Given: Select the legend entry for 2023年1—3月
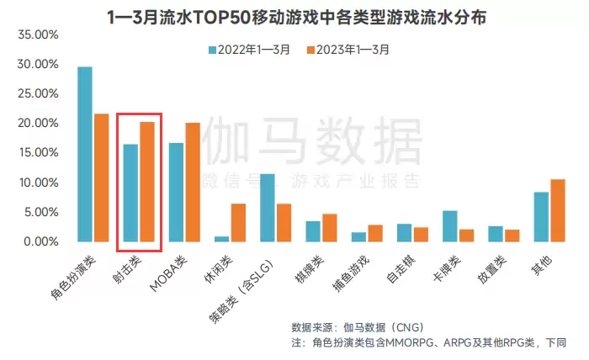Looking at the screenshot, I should pyautogui.click(x=348, y=50).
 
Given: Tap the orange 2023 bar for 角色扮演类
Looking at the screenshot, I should pyautogui.click(x=102, y=177).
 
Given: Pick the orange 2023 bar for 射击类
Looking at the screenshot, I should pyautogui.click(x=147, y=182).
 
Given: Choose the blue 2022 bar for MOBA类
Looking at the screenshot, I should pyautogui.click(x=176, y=192).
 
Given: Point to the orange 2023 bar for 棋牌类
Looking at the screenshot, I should pyautogui.click(x=330, y=227).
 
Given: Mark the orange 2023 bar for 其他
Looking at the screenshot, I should pyautogui.click(x=558, y=210).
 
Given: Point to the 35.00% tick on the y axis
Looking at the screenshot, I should pyautogui.click(x=36, y=35).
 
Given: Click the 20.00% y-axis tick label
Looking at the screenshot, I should pyautogui.click(x=36, y=124).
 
